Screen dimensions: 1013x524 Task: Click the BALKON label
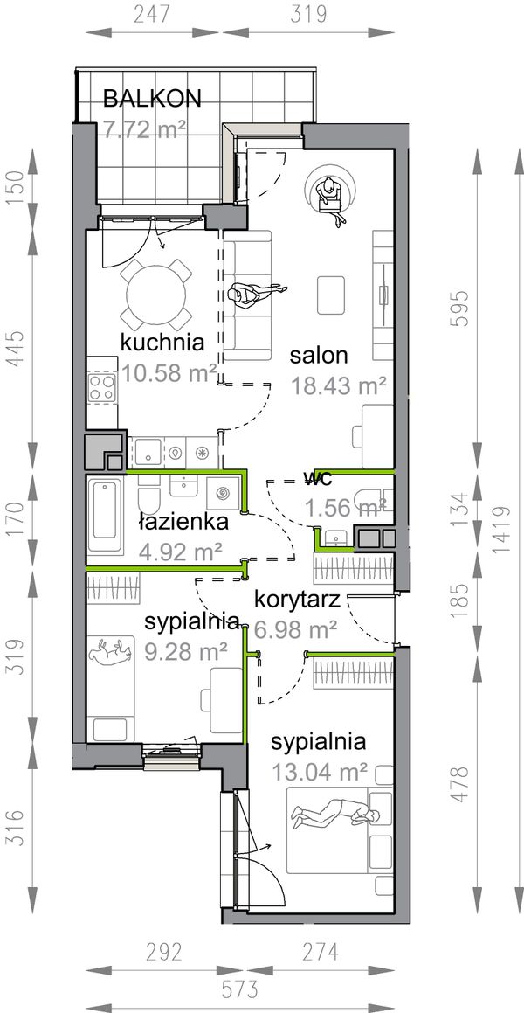(152, 97)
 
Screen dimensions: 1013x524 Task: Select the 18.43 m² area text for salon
(338, 385)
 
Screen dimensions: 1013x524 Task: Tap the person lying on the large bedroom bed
(336, 812)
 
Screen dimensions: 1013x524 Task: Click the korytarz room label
(296, 600)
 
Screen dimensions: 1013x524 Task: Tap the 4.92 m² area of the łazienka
(180, 551)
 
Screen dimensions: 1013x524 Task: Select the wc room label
(315, 477)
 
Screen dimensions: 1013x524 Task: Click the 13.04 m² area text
(317, 771)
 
